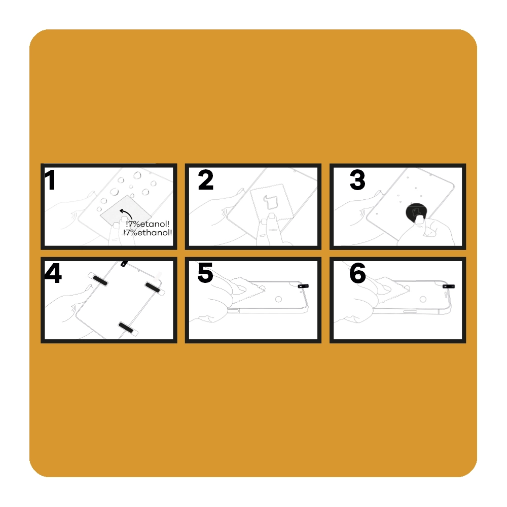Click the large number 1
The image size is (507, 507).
click(50, 180)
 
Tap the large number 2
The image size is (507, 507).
click(206, 180)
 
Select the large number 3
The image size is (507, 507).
click(357, 180)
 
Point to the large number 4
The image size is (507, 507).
click(53, 273)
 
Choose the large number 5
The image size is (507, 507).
click(205, 273)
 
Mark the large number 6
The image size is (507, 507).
click(357, 273)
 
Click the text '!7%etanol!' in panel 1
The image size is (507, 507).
click(148, 224)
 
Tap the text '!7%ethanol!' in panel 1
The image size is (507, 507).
click(148, 233)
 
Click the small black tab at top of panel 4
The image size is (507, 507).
click(124, 264)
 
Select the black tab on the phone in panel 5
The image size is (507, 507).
click(303, 286)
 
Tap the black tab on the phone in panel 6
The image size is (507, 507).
click(449, 286)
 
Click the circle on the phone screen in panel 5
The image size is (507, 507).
click(278, 299)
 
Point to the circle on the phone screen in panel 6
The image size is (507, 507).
click(423, 299)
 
